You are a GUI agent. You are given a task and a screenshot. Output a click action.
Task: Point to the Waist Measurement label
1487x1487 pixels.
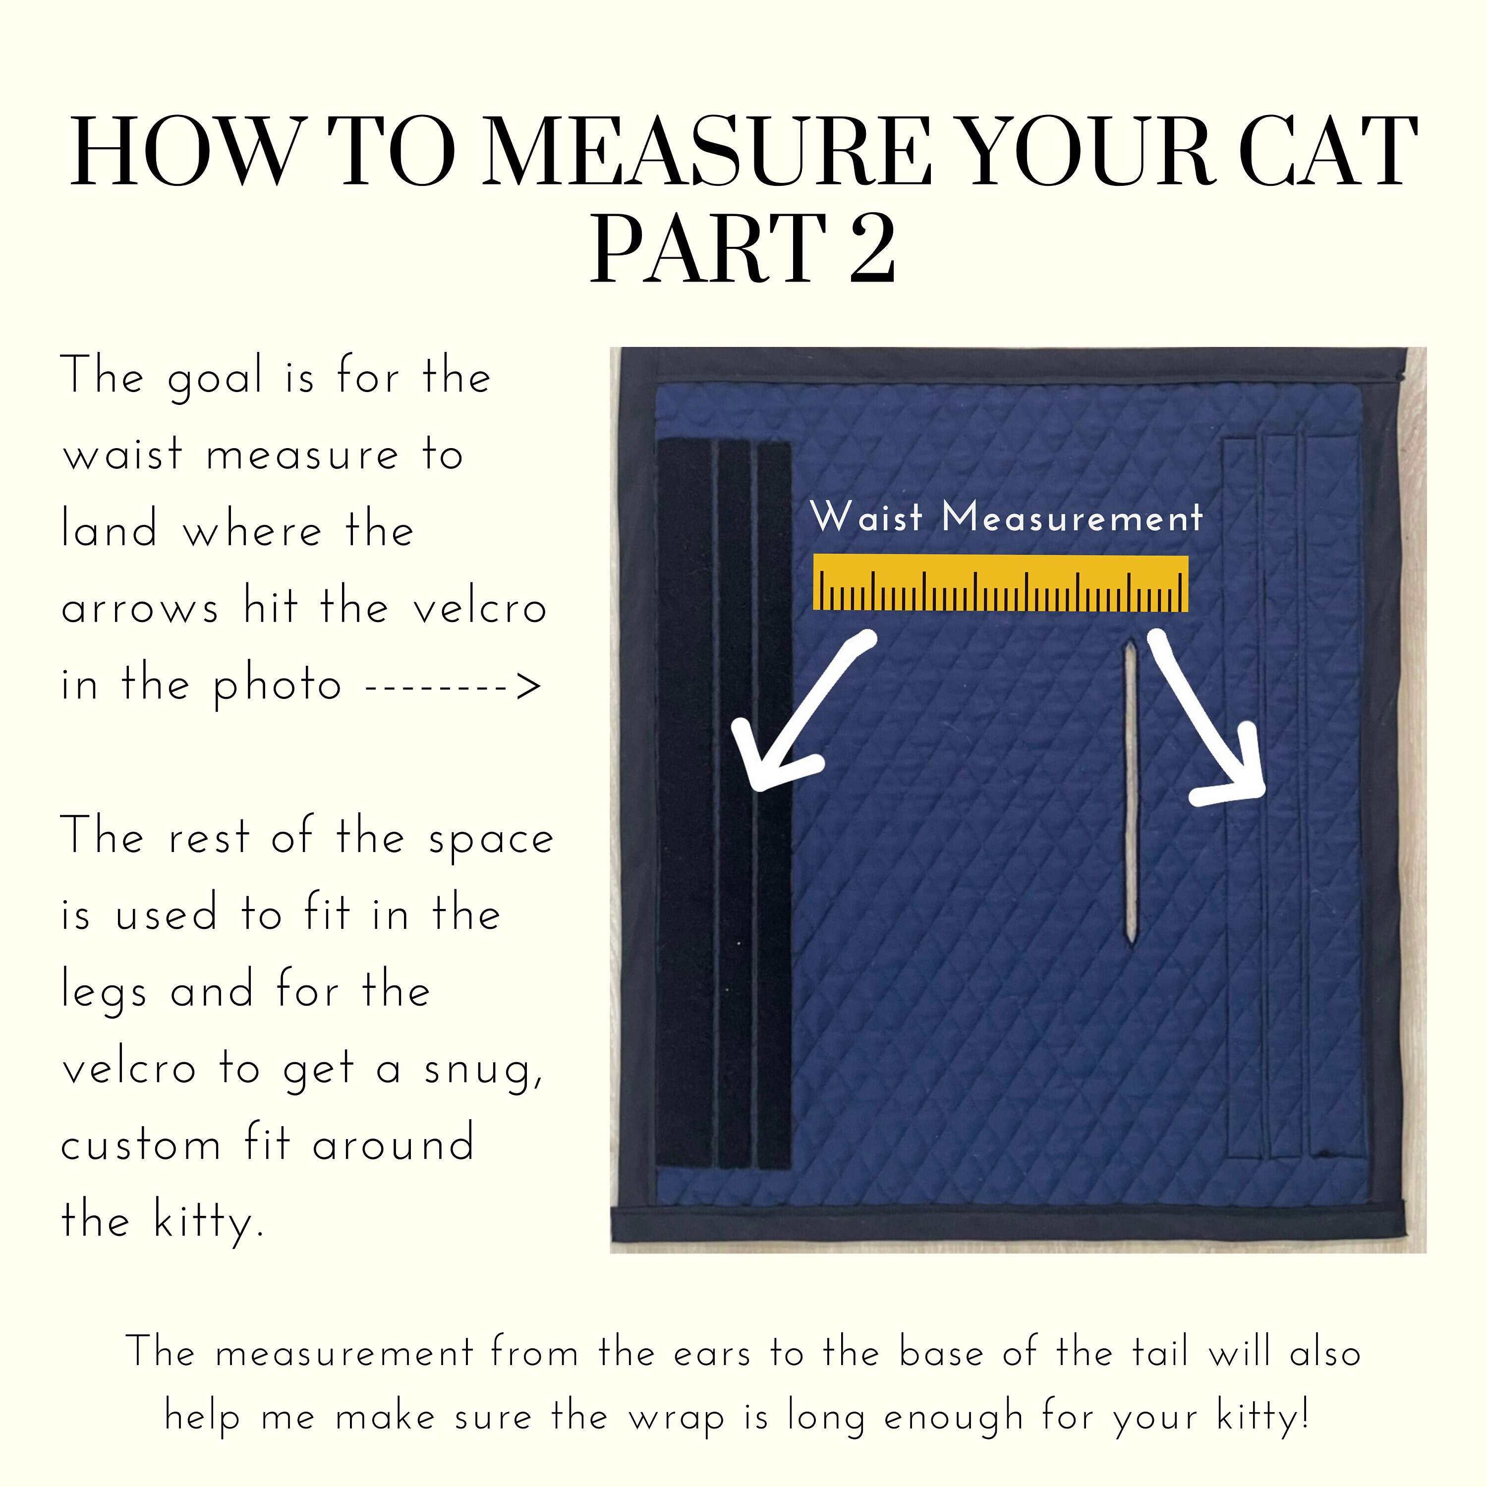(x=1006, y=517)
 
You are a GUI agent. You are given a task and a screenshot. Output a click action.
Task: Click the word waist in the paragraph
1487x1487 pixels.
(x=123, y=454)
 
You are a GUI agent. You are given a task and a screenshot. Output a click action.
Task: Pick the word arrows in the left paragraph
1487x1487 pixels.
(x=140, y=609)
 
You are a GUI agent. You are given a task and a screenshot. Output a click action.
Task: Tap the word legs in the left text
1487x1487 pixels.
(x=104, y=992)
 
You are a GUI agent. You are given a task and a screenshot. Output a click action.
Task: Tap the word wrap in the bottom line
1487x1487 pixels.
(x=677, y=1418)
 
